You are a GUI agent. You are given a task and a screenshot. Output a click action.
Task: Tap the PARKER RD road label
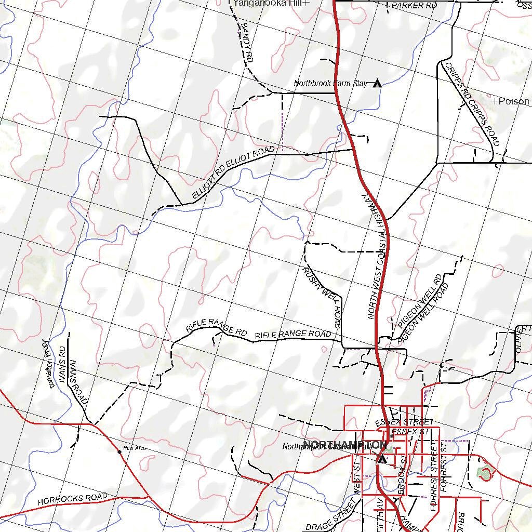[x=414, y=5]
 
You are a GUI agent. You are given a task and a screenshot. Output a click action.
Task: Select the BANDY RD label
[x=246, y=43]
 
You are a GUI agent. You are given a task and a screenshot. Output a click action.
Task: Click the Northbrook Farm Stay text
[x=330, y=83]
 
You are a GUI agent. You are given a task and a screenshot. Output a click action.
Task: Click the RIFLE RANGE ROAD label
[x=292, y=335]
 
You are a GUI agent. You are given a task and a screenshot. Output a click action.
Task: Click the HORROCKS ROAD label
[x=72, y=499]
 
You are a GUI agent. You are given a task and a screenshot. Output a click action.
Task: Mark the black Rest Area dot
[x=120, y=452]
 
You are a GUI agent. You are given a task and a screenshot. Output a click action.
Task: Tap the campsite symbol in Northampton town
[x=382, y=459]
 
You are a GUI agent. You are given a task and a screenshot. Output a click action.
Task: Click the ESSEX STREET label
[x=404, y=421]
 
